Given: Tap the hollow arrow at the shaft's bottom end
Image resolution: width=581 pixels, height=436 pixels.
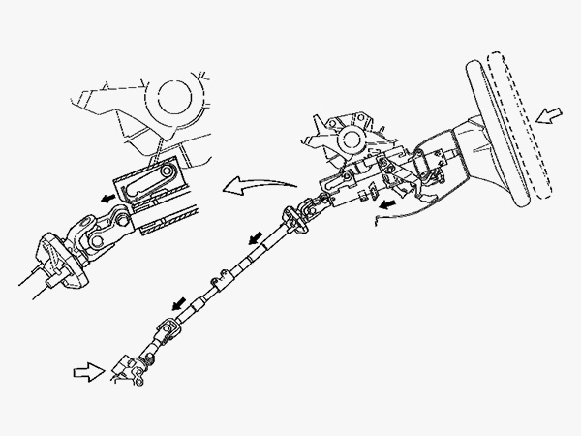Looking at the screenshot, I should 90,369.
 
